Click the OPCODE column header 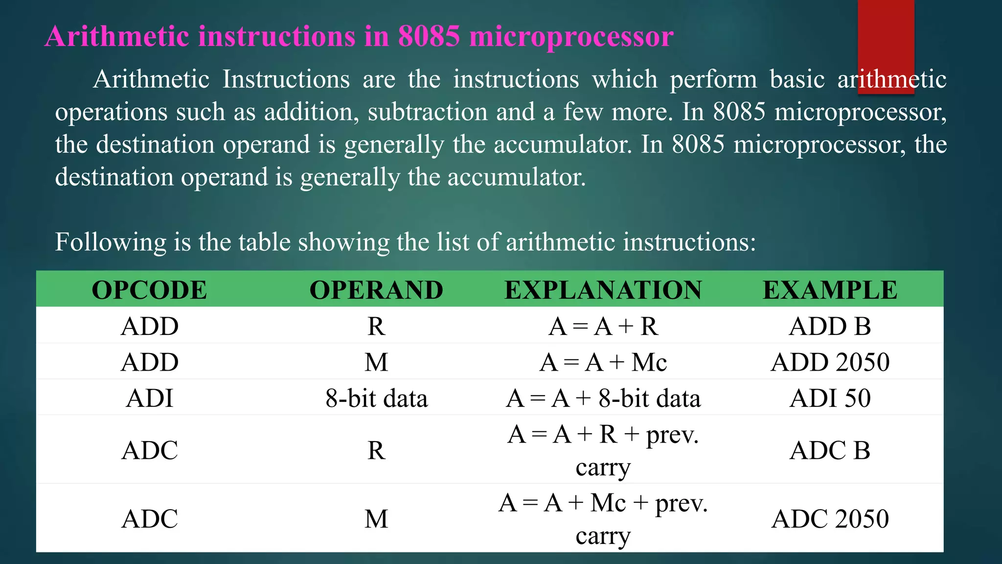pos(149,290)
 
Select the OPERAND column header pos(376,290)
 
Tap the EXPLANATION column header pos(603,290)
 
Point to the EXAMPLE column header pos(830,290)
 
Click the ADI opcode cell pos(149,398)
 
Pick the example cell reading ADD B pos(830,326)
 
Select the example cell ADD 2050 pos(830,362)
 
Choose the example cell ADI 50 pos(830,398)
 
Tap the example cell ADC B pos(830,450)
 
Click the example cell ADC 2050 pos(830,519)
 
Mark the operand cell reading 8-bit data pos(376,398)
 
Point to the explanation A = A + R pos(603,326)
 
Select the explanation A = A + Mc pos(603,362)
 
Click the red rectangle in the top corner pos(886,44)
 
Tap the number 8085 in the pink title pos(429,36)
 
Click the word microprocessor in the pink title pos(571,36)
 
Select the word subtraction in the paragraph pos(428,112)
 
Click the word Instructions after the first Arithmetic pos(286,79)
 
